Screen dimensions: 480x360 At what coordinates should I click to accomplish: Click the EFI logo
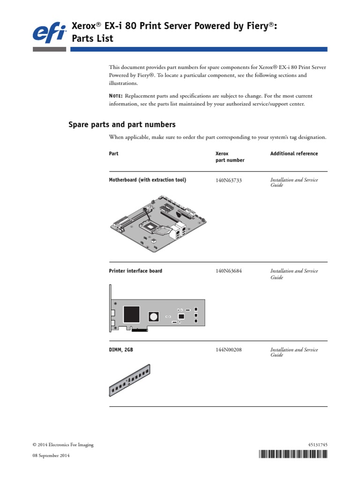click(x=48, y=33)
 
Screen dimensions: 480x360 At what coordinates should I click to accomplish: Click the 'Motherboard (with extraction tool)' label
click(x=148, y=180)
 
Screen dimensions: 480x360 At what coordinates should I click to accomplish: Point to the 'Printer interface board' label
click(x=135, y=271)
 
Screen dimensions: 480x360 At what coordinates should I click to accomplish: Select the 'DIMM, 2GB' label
click(x=121, y=350)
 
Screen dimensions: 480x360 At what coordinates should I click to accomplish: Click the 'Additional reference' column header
click(x=294, y=154)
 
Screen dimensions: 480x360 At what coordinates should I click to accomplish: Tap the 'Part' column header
click(x=113, y=154)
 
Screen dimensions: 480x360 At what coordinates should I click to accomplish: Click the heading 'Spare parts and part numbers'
click(x=122, y=125)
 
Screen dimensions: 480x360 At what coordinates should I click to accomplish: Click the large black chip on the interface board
click(x=132, y=314)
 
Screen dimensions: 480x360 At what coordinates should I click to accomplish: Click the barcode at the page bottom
click(x=292, y=454)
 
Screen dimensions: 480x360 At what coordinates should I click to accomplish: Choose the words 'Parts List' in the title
click(x=92, y=38)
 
